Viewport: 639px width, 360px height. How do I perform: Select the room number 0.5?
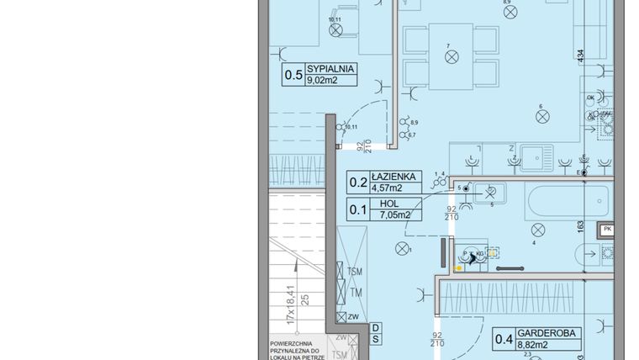coord(293,76)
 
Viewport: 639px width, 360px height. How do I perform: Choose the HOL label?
coord(388,204)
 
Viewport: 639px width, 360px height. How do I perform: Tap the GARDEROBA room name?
coord(548,333)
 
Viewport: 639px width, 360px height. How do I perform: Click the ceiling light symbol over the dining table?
coord(452,56)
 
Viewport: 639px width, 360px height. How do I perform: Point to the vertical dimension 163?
coord(580,226)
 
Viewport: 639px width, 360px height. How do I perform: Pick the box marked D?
coord(376,326)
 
